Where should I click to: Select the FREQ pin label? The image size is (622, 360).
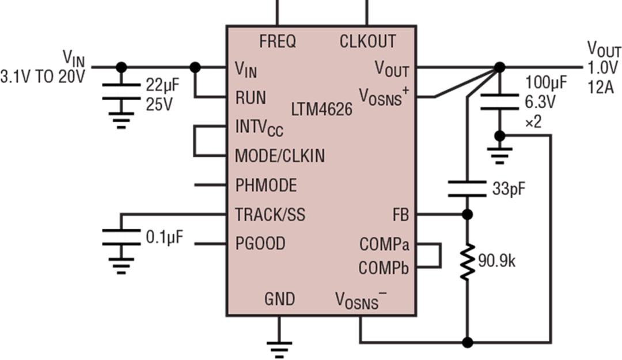(278, 41)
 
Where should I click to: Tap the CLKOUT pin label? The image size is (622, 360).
(367, 41)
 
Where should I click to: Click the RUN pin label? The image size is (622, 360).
(251, 97)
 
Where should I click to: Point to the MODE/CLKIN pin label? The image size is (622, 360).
(280, 156)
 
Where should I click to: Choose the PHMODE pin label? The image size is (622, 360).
(266, 185)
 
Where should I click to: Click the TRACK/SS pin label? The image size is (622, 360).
(270, 215)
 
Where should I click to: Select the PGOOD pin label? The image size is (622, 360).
(260, 244)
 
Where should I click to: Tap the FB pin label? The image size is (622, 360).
(400, 215)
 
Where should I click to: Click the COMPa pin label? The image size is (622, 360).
(384, 244)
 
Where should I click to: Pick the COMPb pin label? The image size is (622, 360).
(384, 268)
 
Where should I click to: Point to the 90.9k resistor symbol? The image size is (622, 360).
(467, 262)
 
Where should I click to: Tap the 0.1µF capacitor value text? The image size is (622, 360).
(164, 237)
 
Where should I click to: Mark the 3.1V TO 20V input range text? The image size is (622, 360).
(43, 76)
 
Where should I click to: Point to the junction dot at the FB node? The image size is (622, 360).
(468, 215)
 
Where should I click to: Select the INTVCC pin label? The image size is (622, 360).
(259, 127)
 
